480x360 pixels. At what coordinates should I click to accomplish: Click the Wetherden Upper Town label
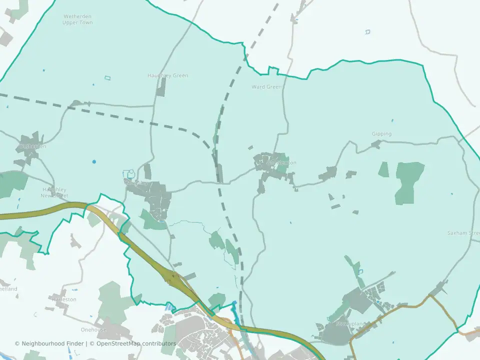[77, 19]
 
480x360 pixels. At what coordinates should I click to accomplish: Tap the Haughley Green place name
[167, 75]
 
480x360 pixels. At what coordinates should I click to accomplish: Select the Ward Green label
[266, 87]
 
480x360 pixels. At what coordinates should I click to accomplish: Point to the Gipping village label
[381, 134]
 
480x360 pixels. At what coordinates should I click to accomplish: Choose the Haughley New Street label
[54, 192]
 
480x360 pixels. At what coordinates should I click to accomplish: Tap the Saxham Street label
[463, 233]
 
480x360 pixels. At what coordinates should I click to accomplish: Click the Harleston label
[64, 299]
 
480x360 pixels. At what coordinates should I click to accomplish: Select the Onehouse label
[94, 330]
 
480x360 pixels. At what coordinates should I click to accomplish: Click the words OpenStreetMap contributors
[136, 343]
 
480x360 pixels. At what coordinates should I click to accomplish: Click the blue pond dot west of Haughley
[94, 161]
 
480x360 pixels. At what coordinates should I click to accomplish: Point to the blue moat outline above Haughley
[130, 174]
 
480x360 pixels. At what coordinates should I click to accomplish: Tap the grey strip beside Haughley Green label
[161, 87]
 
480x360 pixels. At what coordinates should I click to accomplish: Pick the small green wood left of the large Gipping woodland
[383, 169]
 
